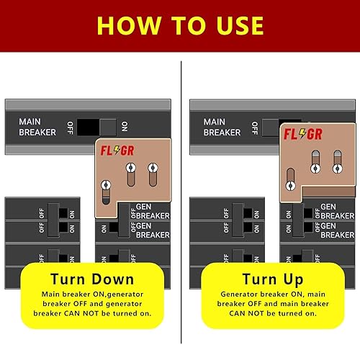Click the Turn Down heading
[91, 279]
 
